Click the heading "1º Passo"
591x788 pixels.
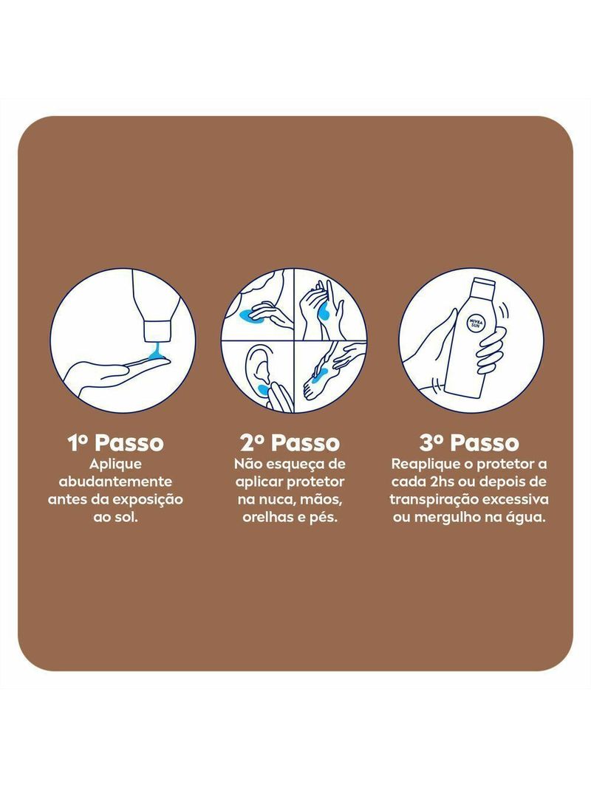click(115, 443)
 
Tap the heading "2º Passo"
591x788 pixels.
click(290, 443)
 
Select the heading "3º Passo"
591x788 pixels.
click(469, 443)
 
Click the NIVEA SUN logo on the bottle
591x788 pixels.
click(474, 323)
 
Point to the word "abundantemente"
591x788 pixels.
click(115, 482)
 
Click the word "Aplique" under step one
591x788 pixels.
click(115, 465)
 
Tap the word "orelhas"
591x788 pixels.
click(265, 517)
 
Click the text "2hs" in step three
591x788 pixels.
click(443, 482)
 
